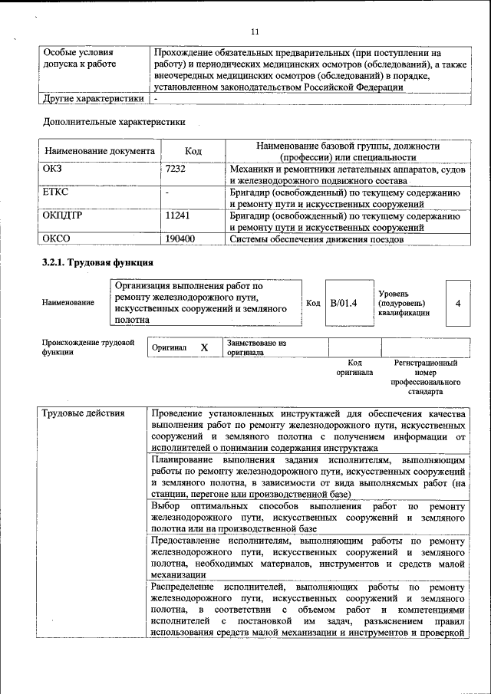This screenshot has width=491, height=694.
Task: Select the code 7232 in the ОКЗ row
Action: pyautogui.click(x=176, y=169)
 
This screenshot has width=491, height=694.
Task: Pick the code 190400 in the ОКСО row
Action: pyautogui.click(x=180, y=239)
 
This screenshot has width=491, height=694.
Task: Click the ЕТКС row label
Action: pyautogui.click(x=57, y=192)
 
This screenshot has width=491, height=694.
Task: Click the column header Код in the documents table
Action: pyautogui.click(x=193, y=151)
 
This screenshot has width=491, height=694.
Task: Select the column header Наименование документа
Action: pyautogui.click(x=100, y=151)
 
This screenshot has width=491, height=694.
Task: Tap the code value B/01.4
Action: pyautogui.click(x=344, y=303)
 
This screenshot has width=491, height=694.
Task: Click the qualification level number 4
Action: pyautogui.click(x=458, y=303)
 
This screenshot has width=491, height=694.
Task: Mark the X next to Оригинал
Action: pyautogui.click(x=205, y=347)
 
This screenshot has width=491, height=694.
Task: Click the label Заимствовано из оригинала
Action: pyautogui.click(x=256, y=348)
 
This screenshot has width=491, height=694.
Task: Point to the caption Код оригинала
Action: pyautogui.click(x=354, y=367)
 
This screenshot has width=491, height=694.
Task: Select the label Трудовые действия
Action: pyautogui.click(x=84, y=414)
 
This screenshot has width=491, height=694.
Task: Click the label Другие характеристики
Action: pyautogui.click(x=94, y=98)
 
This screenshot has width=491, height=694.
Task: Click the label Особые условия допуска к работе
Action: pyautogui.click(x=79, y=58)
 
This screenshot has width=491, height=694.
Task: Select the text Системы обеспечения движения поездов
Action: pyautogui.click(x=316, y=239)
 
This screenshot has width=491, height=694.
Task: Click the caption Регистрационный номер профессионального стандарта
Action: pyautogui.click(x=425, y=377)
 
